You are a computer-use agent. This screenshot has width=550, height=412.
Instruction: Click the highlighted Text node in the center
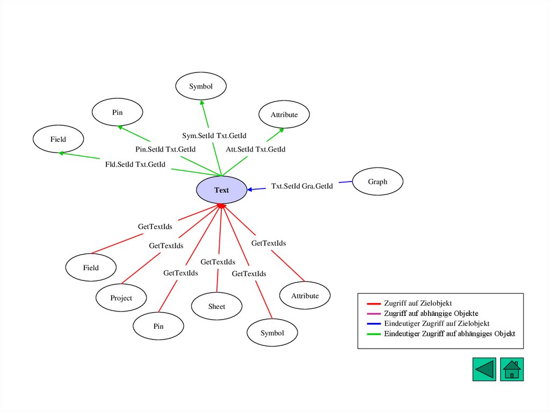[x=221, y=190]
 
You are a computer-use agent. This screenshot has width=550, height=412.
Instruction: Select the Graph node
[x=377, y=182]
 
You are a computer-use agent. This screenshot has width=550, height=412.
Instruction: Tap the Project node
[x=121, y=298]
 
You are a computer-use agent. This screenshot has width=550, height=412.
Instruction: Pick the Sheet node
[x=216, y=306]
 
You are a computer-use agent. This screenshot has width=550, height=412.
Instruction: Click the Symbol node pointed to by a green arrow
[x=201, y=86]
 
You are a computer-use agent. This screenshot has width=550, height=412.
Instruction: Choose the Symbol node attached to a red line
[x=272, y=333]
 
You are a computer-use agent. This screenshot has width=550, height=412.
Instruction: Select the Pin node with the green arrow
[x=117, y=112]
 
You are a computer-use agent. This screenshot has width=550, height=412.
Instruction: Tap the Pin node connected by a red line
[x=158, y=326]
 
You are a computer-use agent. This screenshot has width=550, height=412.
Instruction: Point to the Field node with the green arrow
[x=58, y=139]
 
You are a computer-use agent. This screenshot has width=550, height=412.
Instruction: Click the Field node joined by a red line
[x=91, y=268]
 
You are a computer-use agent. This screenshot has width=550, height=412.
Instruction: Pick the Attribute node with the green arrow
[x=284, y=115]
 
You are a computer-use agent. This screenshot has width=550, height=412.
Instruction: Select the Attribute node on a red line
[x=305, y=296]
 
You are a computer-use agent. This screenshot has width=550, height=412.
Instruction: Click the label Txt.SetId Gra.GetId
[x=302, y=186]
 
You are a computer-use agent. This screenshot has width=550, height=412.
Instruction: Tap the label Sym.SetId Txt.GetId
[x=214, y=136]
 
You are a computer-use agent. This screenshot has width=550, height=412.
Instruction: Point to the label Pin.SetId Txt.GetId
[x=165, y=149]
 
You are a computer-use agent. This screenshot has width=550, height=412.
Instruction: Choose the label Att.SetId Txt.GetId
[x=255, y=149]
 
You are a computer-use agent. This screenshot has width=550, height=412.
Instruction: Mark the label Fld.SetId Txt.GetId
[x=135, y=164]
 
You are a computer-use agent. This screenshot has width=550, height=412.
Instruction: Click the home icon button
[x=512, y=370]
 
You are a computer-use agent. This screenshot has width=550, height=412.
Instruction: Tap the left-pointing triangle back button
[x=484, y=370]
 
